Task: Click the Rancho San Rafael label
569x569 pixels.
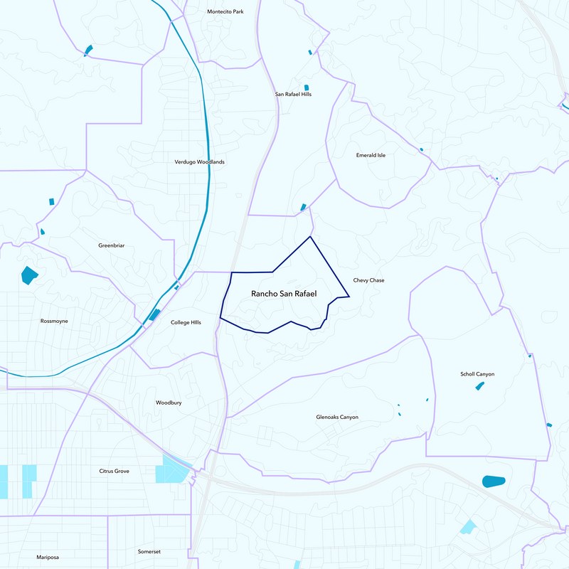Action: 283,294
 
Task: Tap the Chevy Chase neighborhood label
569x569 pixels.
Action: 368,280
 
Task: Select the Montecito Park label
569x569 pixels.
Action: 225,11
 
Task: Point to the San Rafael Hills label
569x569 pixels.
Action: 293,94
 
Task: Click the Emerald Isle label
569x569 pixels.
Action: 371,155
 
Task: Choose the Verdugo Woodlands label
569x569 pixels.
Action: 199,162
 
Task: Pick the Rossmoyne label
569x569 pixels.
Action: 54,321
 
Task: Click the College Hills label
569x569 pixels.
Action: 186,322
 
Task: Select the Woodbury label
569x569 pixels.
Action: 169,403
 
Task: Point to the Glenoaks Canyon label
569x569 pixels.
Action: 337,417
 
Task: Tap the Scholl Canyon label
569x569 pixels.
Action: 477,374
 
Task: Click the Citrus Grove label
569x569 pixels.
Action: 114,471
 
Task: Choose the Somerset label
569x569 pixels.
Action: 150,551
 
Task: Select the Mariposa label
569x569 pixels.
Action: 50,557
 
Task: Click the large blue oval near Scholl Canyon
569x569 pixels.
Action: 493,482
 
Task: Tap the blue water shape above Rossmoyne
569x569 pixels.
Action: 29,275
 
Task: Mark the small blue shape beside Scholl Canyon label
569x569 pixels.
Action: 480,385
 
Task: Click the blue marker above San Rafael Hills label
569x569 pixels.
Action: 306,87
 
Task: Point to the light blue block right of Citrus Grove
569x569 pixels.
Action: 173,469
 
